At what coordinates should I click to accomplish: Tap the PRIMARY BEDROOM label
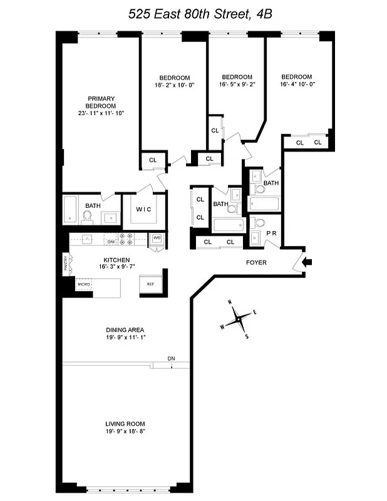tap(101, 102)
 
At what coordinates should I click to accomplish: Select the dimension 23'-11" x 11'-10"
tap(101, 113)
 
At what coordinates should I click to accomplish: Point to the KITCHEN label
tap(116, 260)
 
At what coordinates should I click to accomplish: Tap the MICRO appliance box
tap(84, 284)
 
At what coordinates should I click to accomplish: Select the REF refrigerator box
tap(150, 284)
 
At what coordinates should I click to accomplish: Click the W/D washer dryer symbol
tap(157, 239)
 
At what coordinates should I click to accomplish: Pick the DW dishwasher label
tap(111, 241)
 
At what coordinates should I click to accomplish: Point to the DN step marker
tap(171, 358)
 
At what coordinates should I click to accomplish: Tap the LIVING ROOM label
tap(125, 423)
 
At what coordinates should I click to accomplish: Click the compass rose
tap(239, 320)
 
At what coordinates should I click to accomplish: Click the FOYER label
tap(255, 262)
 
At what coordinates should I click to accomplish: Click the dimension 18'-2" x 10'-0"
tap(171, 85)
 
